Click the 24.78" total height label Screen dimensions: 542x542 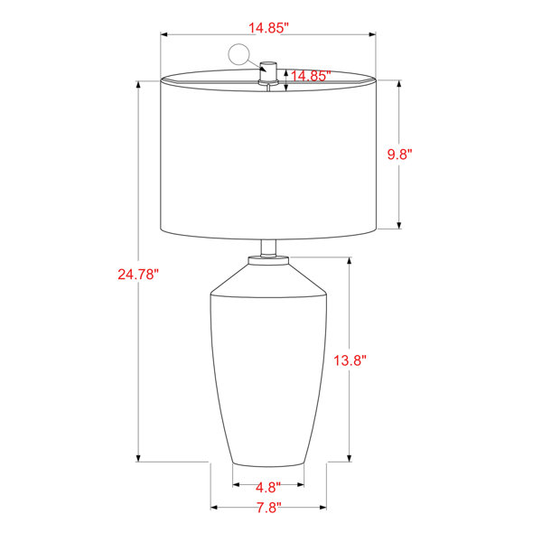(138, 275)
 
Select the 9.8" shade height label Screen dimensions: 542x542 (399, 154)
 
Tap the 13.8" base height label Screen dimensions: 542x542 (350, 360)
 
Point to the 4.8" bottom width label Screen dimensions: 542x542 (268, 488)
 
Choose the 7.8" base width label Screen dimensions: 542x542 (268, 508)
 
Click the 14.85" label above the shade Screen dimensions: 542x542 (268, 28)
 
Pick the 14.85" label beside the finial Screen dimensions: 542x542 (311, 76)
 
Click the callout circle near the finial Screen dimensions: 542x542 (238, 54)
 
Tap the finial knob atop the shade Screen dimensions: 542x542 (268, 72)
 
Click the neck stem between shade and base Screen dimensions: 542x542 (268, 248)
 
